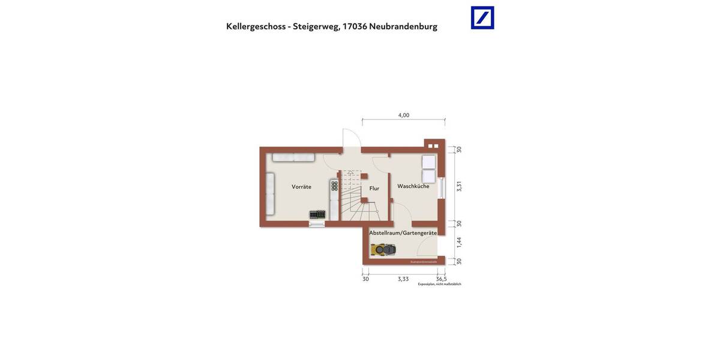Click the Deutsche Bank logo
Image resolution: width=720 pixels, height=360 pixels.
tap(482, 17)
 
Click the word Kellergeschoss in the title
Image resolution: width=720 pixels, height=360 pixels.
tap(255, 26)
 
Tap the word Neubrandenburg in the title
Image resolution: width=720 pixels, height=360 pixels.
tap(403, 26)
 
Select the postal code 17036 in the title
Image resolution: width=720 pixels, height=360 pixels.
tap(354, 26)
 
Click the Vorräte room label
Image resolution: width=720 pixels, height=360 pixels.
tap(301, 187)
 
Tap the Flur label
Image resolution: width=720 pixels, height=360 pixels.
tap(374, 188)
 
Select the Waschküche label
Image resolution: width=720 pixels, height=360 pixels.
tap(413, 186)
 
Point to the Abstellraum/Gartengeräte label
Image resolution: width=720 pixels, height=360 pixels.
tap(403, 233)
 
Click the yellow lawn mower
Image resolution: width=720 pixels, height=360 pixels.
tap(383, 248)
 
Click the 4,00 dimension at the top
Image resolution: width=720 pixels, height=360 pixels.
tap(404, 115)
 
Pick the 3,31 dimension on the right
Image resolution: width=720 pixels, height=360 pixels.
tap(459, 186)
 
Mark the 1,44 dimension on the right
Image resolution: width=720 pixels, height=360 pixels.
tap(459, 242)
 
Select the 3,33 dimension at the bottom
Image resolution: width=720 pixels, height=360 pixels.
tap(403, 279)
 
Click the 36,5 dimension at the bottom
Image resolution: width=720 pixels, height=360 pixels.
tap(441, 279)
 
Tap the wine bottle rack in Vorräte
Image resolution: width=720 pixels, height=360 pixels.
tap(334, 186)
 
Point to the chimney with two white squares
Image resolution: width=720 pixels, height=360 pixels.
tap(433, 145)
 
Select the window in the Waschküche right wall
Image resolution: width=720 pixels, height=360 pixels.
tap(442, 188)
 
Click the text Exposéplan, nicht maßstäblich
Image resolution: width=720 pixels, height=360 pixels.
tap(439, 284)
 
